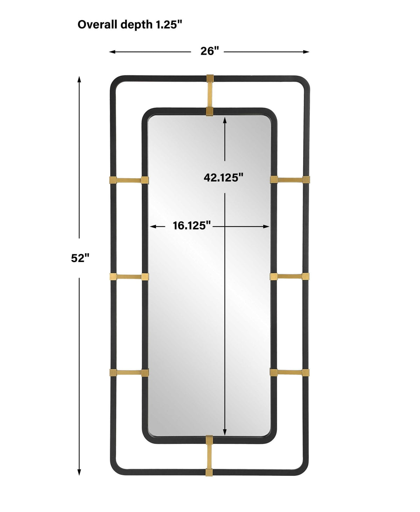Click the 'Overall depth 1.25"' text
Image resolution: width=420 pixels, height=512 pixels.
129,25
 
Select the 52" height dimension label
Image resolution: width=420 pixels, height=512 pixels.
80,258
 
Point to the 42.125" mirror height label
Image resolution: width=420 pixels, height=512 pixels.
223,177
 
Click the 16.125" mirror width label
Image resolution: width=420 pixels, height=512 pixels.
192,225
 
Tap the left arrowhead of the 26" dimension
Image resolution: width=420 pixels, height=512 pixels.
112,52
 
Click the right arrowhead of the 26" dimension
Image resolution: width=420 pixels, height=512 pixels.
306,52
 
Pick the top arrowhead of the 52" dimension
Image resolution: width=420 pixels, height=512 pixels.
79,79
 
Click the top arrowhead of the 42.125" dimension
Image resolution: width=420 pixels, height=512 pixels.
225,120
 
